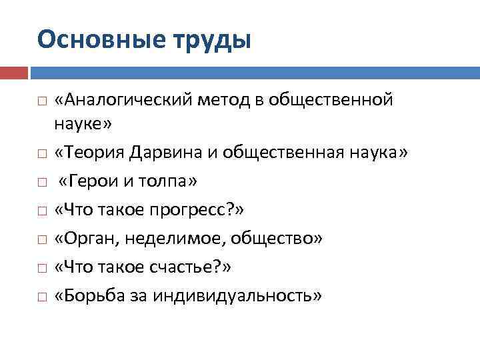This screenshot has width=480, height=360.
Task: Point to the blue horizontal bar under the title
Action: point(253,71)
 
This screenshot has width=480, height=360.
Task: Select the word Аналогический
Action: point(125,100)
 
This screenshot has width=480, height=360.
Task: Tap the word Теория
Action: point(94,153)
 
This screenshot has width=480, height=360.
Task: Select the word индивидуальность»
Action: point(236,295)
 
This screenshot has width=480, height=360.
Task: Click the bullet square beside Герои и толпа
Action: point(41,182)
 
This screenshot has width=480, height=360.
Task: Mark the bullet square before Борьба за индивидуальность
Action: point(41,296)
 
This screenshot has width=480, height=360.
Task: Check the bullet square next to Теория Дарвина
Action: point(41,153)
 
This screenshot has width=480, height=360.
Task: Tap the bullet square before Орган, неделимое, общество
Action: point(41,239)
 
